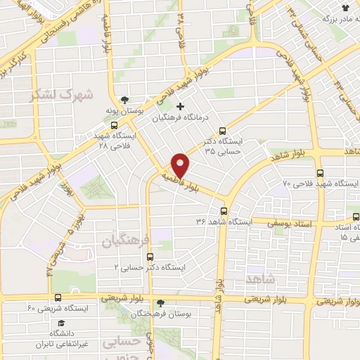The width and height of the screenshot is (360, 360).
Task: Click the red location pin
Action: (x=181, y=165)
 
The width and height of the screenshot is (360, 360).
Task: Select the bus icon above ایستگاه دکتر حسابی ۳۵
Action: (x=223, y=131)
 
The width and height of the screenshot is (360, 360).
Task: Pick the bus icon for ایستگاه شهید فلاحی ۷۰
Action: (x=321, y=172)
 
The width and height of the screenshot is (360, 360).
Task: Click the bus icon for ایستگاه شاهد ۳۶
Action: (x=224, y=211)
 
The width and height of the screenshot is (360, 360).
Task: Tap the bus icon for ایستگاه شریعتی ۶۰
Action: (x=57, y=297)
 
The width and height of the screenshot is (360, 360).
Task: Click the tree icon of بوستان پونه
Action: (x=124, y=100)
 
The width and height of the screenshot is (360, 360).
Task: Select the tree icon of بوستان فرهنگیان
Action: (x=161, y=303)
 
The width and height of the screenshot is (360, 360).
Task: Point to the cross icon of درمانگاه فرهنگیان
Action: (x=181, y=107)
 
